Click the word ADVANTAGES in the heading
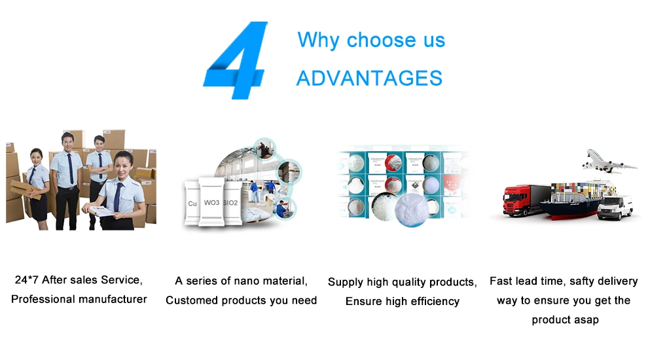(369, 78)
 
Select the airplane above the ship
(609, 162)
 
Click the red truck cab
(516, 200)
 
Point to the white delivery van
(615, 207)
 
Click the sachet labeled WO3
(211, 202)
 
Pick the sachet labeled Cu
(192, 203)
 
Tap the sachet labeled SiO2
(232, 203)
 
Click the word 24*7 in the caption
(26, 279)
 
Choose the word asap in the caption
(586, 320)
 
